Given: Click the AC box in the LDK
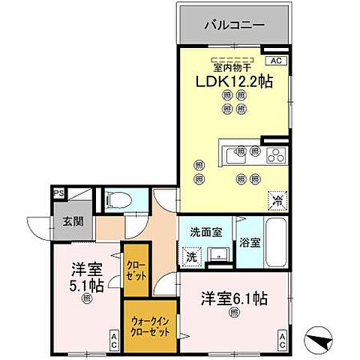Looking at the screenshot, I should (275, 60).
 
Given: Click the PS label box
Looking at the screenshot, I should (58, 193).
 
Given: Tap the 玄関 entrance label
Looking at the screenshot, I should (63, 223).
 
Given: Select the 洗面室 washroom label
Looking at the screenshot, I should (205, 232).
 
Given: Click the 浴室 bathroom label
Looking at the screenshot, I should (250, 242).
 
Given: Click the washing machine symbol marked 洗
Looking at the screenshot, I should (191, 256).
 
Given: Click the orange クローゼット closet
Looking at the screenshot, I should (136, 271).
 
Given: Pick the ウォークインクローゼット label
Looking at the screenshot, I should (149, 328).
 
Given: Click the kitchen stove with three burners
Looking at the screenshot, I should (275, 155).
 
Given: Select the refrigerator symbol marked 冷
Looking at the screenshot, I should (276, 200).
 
